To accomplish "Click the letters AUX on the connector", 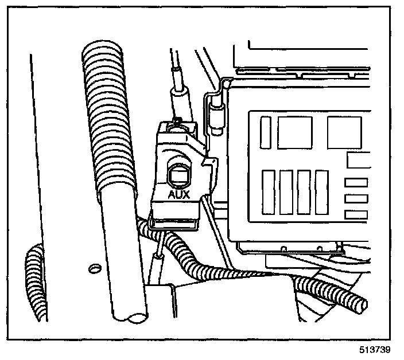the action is [178, 195].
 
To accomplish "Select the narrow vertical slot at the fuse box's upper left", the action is [265, 132].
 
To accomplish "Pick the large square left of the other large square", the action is [294, 132].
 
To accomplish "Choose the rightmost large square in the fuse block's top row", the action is [344, 132].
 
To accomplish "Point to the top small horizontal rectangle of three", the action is [356, 183].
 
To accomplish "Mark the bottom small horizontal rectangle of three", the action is [356, 214].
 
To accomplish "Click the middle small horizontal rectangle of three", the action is [356, 198].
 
